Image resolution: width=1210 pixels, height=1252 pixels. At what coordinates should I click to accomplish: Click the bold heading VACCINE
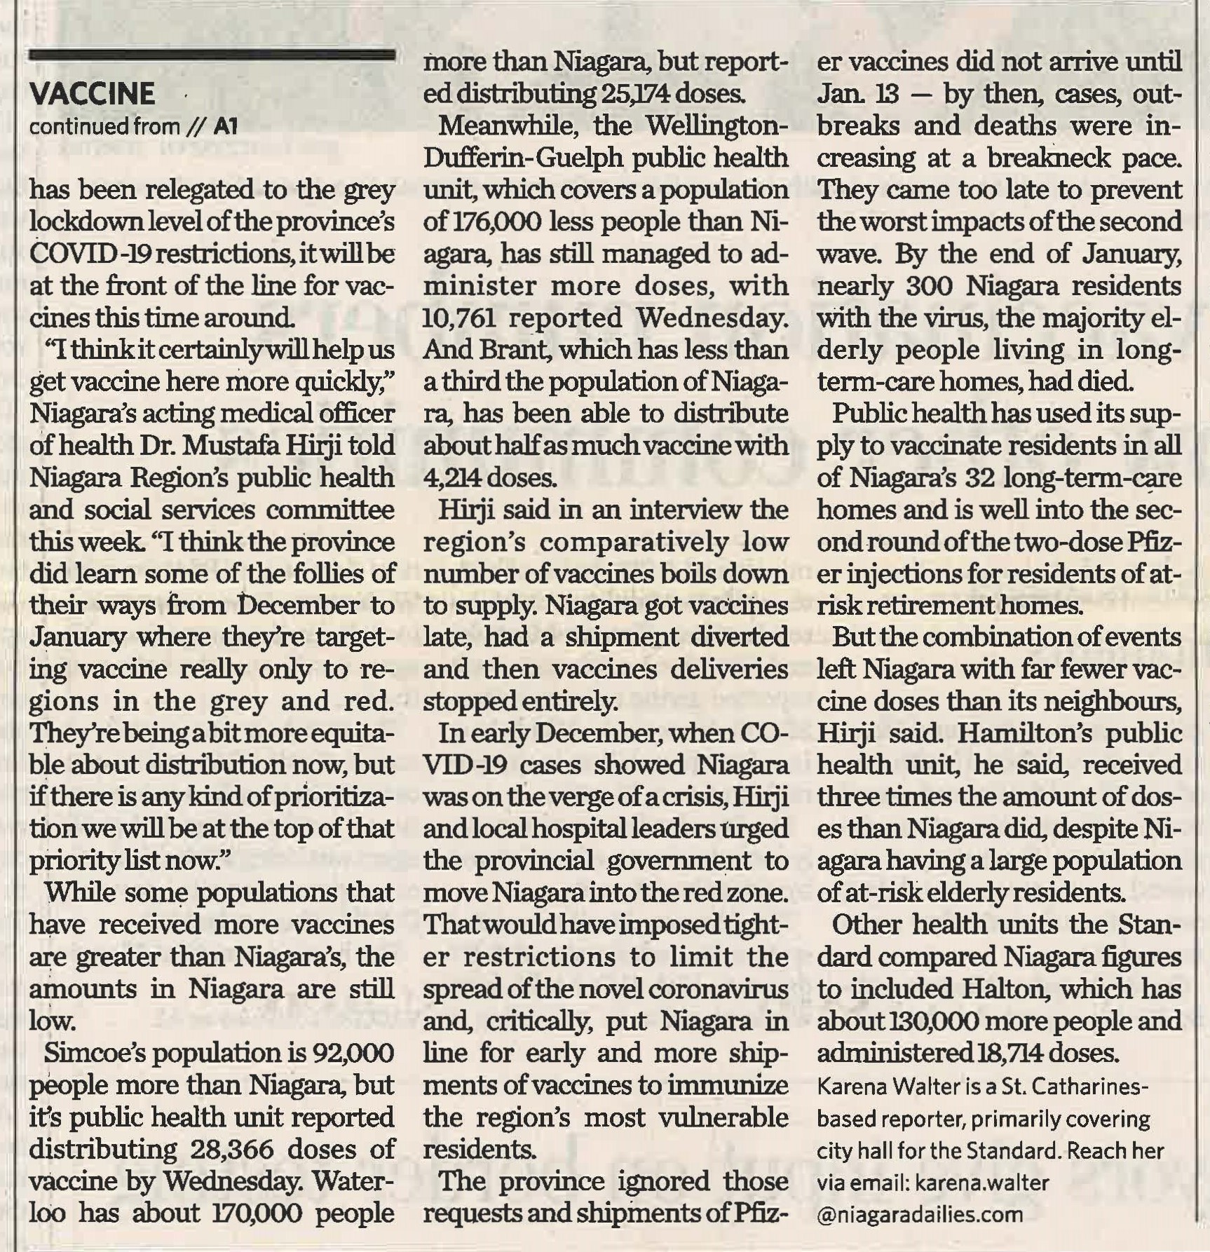click(93, 94)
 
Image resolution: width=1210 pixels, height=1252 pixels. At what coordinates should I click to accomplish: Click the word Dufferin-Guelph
click(524, 158)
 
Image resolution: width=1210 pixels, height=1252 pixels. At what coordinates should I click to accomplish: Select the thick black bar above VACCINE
click(212, 55)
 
